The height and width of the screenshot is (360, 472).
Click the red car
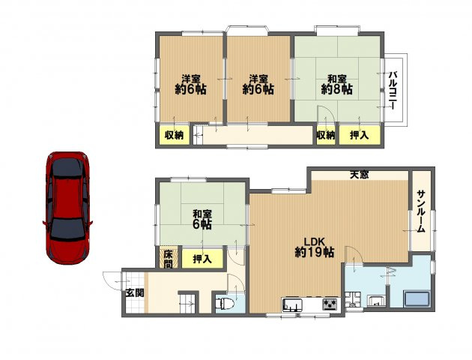[x=67, y=208]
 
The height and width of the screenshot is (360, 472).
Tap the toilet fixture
[x=225, y=303]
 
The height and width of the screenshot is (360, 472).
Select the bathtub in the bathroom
[x=417, y=298]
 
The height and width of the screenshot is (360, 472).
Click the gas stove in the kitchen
[x=330, y=304]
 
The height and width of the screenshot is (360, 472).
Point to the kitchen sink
[x=292, y=304]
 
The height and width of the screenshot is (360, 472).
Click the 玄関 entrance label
[x=135, y=292]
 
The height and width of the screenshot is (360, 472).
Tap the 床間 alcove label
[x=169, y=259]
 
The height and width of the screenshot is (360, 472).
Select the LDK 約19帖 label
[x=315, y=247]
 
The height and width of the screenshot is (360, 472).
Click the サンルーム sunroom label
[x=421, y=211]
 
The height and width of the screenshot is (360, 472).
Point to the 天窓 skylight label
[x=360, y=175]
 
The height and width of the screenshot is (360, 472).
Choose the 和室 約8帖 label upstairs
[x=337, y=85]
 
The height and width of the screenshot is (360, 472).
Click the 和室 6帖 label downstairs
[x=202, y=220]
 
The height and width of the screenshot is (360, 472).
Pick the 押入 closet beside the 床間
[x=202, y=258]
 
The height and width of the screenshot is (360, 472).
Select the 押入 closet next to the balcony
[x=360, y=135]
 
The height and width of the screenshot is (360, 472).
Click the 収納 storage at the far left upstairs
[x=174, y=135]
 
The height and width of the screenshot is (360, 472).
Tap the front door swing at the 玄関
[x=112, y=281]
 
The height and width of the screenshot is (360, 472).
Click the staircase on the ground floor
[x=189, y=303]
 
